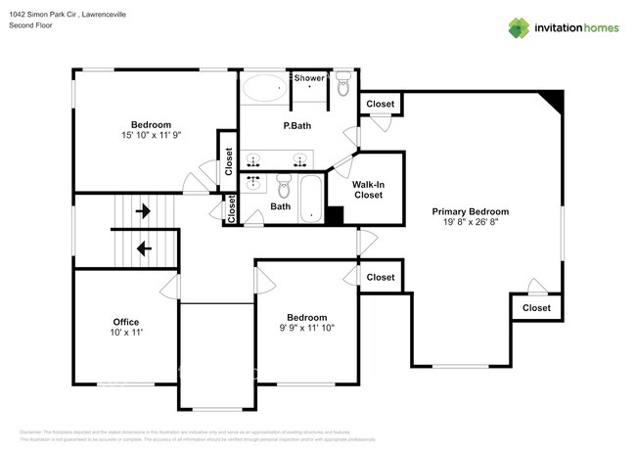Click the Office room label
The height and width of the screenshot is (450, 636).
pos(126,322)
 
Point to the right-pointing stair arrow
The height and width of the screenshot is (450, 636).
pos(143,209)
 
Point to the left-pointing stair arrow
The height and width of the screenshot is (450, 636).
pos(143,248)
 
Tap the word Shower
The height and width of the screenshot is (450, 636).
pos(309,78)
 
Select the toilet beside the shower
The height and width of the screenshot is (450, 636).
pos(343,87)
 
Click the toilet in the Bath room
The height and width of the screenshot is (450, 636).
pos(285,185)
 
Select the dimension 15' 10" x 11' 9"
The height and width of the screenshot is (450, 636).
pos(152,136)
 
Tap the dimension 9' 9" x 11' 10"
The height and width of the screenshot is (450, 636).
pos(306,329)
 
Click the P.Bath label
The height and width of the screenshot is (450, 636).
pos(297,126)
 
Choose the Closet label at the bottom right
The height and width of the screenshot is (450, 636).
pos(536,308)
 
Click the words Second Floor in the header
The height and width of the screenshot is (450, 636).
pos(30,25)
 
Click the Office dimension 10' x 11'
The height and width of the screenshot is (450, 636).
pos(126,334)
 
